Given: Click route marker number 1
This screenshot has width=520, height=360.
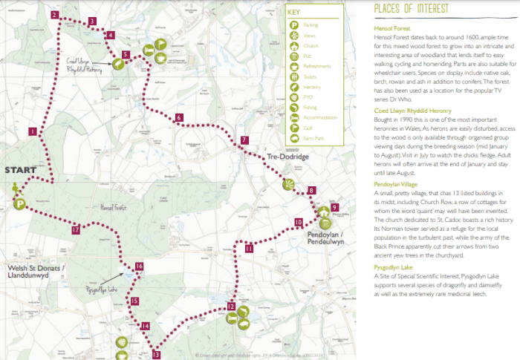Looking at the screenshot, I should [33, 131].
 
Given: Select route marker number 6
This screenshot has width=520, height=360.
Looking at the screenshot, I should [179, 118].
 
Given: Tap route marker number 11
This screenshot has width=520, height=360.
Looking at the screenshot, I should [249, 249].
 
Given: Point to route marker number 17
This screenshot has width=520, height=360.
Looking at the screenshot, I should [76, 231].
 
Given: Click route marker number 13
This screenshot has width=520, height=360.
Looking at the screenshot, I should [156, 355].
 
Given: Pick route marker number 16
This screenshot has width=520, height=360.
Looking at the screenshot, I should [139, 266].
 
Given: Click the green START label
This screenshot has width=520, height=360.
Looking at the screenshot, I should [21, 171].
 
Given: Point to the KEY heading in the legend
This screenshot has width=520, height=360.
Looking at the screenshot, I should [295, 13].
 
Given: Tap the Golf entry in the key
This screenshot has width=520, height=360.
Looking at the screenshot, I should [308, 127].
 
